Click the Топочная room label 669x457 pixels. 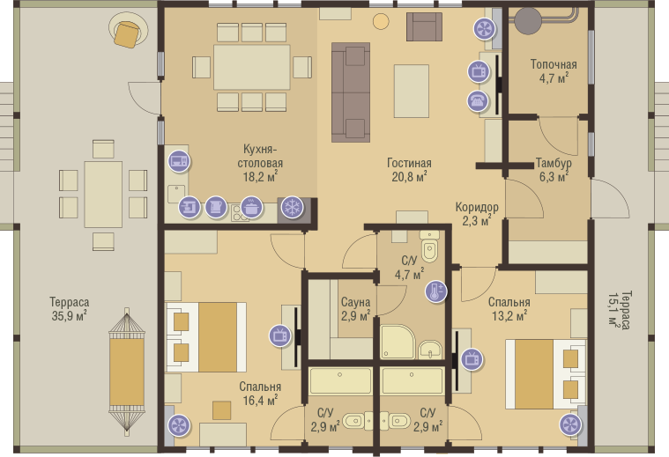coord(554,64)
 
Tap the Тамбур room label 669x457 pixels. coord(554,163)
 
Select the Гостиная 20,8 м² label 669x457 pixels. coord(409,170)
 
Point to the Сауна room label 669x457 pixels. coord(355,302)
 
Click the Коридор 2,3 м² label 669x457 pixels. coord(477,214)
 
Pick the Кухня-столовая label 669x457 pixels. coord(260,156)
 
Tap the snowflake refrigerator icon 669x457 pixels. coord(293,208)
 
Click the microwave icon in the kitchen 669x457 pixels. coord(179,161)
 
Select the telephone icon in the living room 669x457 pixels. coord(478,101)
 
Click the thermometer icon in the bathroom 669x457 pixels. coord(436,292)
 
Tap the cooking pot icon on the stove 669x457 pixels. coord(252,208)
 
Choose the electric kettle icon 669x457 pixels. coord(216,208)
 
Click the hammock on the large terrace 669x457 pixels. coord(127,372)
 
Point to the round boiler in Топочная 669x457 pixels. coord(527,20)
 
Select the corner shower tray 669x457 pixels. coord(398,343)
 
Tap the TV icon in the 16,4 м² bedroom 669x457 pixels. coord(280,335)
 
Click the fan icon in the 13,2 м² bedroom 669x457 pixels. coord(570,424)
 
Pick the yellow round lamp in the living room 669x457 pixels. coord(381,21)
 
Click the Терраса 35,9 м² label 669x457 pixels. coord(69,309)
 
